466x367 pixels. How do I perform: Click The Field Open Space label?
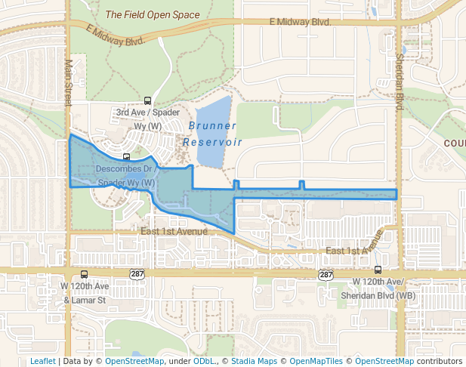153,14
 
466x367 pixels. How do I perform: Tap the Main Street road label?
67,82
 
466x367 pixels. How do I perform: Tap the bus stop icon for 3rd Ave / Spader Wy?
147,100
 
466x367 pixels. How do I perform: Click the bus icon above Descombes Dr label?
126,158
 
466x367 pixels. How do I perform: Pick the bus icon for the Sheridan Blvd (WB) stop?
378,270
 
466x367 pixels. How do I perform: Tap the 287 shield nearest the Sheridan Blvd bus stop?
326,276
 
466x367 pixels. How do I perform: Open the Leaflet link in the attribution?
43,361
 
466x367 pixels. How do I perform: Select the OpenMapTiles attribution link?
316,361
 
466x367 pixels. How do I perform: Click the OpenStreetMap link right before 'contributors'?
384,361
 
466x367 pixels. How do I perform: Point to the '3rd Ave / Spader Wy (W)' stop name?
138,119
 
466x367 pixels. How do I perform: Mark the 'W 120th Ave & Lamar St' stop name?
85,293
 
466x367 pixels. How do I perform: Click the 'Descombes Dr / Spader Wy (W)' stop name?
126,176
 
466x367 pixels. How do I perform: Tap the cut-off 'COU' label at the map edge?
455,143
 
